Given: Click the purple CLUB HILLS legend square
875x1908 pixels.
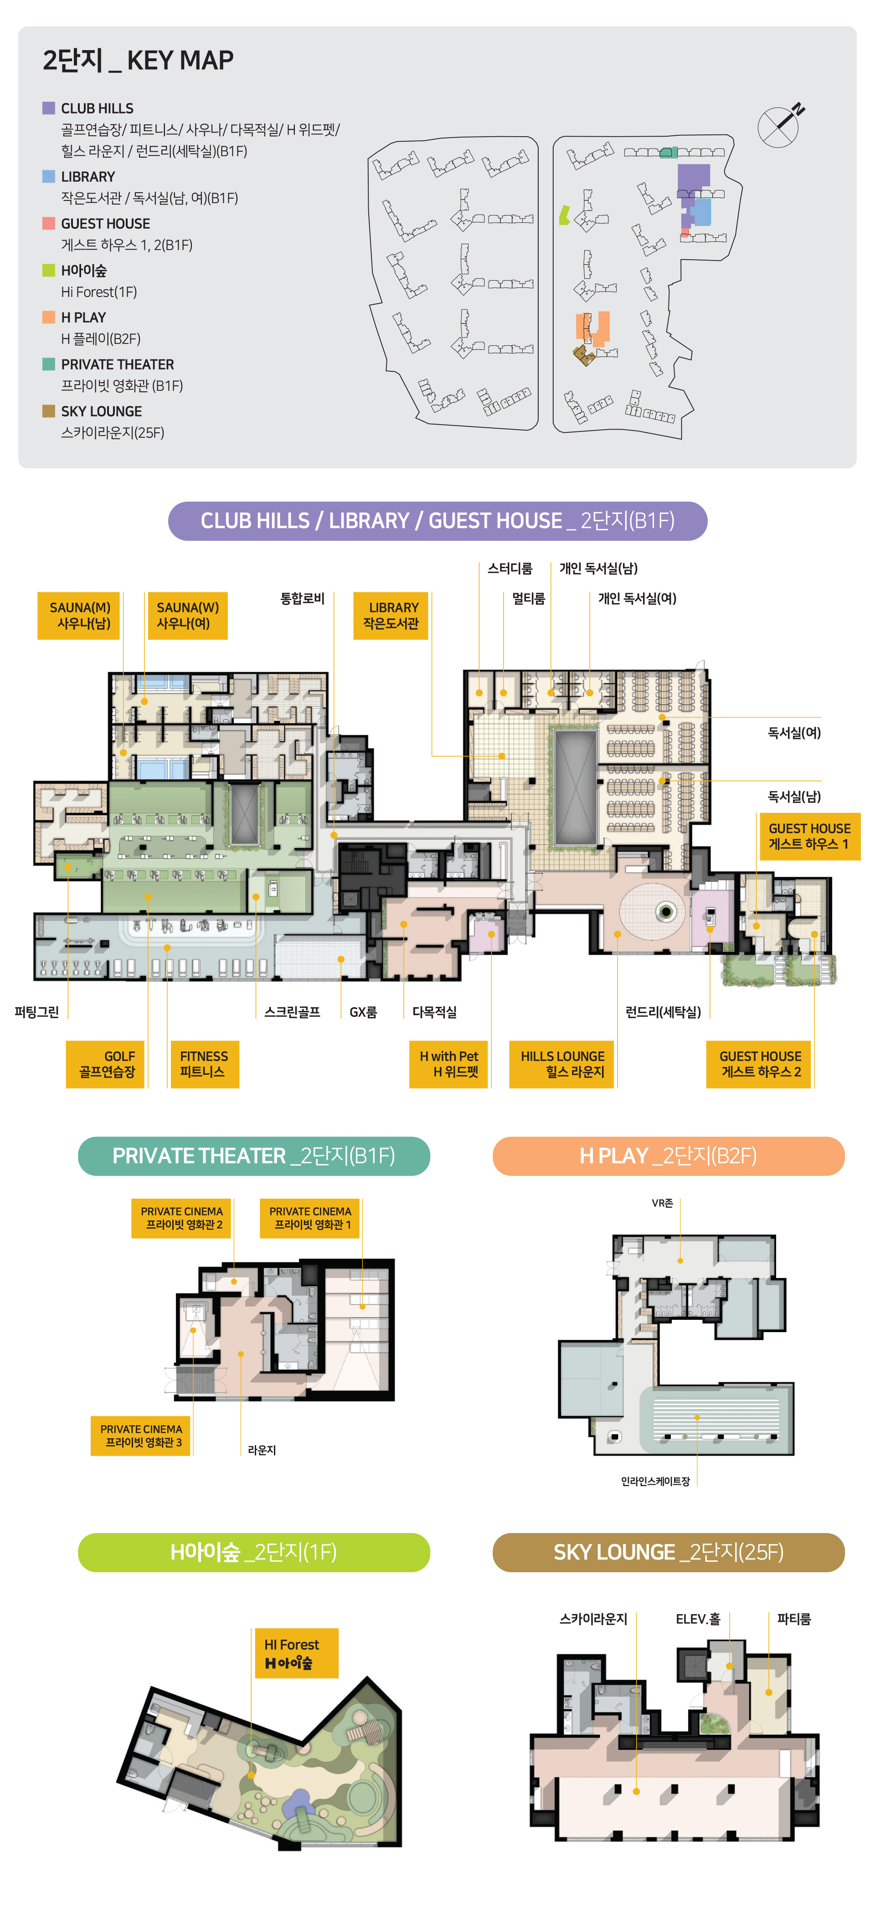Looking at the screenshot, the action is [x=49, y=108].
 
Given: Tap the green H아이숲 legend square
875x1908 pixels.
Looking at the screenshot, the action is [x=49, y=270].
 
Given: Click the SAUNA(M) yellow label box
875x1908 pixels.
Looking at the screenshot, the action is [x=79, y=615].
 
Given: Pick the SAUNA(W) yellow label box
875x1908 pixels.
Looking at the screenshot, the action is [x=187, y=615].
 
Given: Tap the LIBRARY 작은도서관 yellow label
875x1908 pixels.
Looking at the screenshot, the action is [x=391, y=615].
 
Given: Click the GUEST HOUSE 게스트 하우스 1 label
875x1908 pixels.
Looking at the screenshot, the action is [x=810, y=836].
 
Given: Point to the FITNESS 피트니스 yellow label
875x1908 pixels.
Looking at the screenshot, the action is [x=205, y=1064].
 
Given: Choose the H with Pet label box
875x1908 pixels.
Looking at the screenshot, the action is [x=449, y=1064].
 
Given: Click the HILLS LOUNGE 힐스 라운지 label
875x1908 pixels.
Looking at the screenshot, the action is [x=562, y=1064].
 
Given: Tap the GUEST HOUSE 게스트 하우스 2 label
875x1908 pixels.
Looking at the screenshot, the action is [x=759, y=1064].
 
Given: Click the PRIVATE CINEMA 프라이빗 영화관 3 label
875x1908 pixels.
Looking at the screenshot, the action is [x=141, y=1436].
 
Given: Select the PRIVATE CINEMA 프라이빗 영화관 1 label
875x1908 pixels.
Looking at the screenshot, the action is [x=310, y=1218].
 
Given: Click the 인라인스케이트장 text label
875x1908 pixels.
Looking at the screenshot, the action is [x=655, y=1482].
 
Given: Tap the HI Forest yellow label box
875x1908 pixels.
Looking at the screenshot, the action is [x=296, y=1652].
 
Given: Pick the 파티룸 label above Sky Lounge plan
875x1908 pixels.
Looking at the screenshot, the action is [x=793, y=1619].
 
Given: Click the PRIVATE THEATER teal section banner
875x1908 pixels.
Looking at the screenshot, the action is [x=254, y=1156].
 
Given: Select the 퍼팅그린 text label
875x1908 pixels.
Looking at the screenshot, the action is [x=36, y=1012].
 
